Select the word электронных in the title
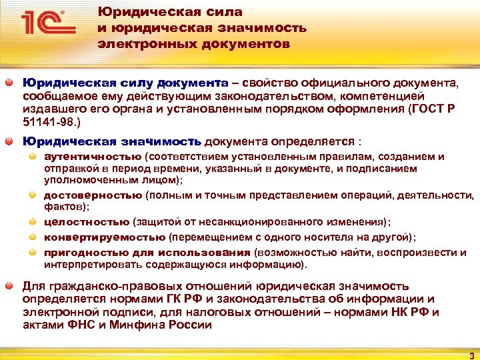[137, 45]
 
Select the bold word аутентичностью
[93, 157]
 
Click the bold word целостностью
[87, 222]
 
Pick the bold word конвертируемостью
[105, 237]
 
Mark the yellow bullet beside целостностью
[33, 222]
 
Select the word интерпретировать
[85, 265]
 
